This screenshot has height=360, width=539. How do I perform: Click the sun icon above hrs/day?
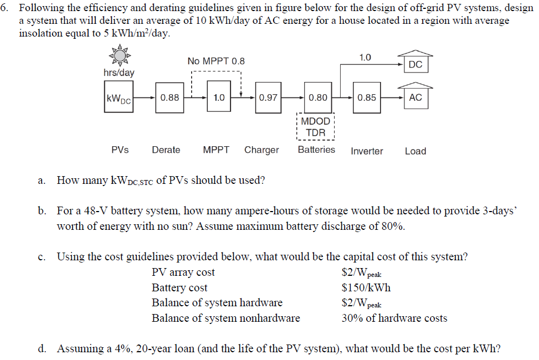pyautogui.click(x=120, y=55)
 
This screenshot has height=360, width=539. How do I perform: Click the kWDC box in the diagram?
pyautogui.click(x=119, y=96)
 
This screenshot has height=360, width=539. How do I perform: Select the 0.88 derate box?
pyautogui.click(x=170, y=97)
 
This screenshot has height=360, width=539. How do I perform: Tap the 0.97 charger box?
pyautogui.click(x=268, y=97)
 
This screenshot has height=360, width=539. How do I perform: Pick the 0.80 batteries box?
pyautogui.click(x=318, y=97)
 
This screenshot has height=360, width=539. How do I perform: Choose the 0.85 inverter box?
pyautogui.click(x=367, y=97)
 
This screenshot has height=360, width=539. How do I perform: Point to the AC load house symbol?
pyautogui.click(x=415, y=95)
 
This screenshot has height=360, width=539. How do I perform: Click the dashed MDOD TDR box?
pyautogui.click(x=316, y=126)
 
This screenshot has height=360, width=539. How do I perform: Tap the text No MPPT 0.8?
pyautogui.click(x=216, y=61)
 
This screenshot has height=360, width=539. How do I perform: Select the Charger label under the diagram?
pyautogui.click(x=261, y=150)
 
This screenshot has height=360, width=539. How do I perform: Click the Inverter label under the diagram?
pyautogui.click(x=367, y=151)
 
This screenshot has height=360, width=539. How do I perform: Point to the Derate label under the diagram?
pyautogui.click(x=166, y=150)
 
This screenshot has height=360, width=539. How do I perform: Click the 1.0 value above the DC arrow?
pyautogui.click(x=365, y=58)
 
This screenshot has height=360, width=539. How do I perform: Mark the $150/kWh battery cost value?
pyautogui.click(x=366, y=287)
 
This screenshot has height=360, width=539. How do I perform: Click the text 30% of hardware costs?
pyautogui.click(x=394, y=318)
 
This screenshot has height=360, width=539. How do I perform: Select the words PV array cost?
pyautogui.click(x=183, y=272)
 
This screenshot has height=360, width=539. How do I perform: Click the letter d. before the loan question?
pyautogui.click(x=42, y=348)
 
